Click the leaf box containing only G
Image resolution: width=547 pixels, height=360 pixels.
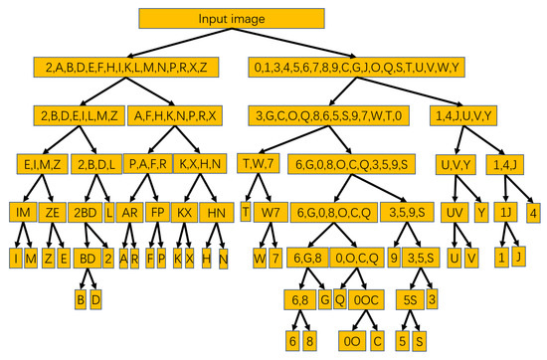(x=323, y=299)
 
